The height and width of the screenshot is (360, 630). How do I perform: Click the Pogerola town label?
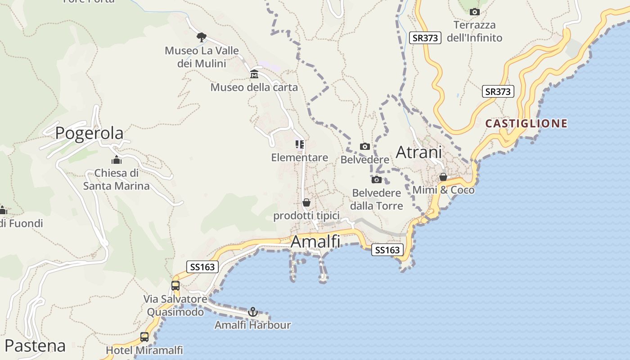point(89,133)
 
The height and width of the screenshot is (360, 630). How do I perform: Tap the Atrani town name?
point(418,153)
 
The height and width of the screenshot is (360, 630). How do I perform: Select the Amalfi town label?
point(315,242)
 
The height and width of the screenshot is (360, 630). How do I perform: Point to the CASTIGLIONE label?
point(526,123)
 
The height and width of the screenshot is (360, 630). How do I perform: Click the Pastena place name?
point(35,346)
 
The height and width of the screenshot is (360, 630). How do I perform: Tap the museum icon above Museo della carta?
point(254,74)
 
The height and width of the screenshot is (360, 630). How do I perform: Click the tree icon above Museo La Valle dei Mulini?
point(201,37)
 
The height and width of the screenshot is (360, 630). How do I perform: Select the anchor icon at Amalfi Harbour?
point(253,312)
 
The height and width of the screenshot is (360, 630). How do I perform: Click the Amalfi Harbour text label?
point(252,325)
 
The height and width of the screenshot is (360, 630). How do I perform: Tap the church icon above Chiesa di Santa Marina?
point(117,160)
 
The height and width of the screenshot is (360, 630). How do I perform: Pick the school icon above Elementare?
point(300,144)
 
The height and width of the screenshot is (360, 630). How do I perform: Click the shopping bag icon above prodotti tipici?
point(306,203)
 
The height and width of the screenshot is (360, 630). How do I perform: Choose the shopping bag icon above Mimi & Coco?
point(443,177)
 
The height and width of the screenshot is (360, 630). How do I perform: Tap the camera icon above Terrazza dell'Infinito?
point(474,12)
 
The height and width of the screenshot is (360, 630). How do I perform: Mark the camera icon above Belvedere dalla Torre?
point(376,180)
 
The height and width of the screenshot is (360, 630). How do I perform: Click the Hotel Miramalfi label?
point(144,350)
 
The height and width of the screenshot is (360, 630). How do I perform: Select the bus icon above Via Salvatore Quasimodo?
point(175,285)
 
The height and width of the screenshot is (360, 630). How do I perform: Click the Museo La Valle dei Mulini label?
point(202,57)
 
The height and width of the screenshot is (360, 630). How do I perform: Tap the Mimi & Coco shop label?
point(443,190)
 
